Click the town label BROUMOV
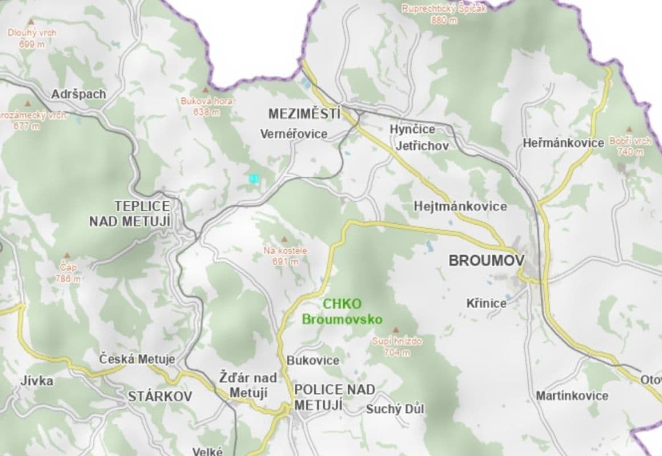(486, 261)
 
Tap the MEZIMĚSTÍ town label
(304, 113)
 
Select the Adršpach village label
(79, 94)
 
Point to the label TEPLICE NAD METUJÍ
(130, 214)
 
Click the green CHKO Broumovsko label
(342, 311)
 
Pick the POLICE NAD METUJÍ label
(334, 397)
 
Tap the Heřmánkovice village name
(563, 142)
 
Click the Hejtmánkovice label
(460, 206)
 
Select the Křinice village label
(486, 303)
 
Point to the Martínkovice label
(571, 396)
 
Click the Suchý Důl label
(395, 409)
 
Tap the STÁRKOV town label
(160, 396)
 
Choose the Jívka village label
(37, 381)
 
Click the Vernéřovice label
(294, 134)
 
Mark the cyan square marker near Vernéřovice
(254, 178)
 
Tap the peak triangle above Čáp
(68, 256)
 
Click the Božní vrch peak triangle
(630, 130)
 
